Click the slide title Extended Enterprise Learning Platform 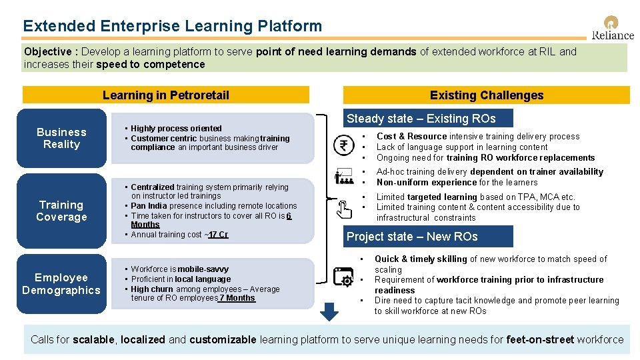click(x=172, y=26)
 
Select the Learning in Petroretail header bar click(x=165, y=95)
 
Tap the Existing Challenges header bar click(x=486, y=95)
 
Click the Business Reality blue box click(x=61, y=138)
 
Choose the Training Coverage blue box click(x=61, y=211)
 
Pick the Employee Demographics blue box click(x=61, y=283)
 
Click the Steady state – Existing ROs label click(x=421, y=119)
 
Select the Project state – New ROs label click(x=412, y=237)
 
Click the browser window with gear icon click(x=345, y=277)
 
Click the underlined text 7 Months click(x=237, y=298)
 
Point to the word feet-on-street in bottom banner click(x=540, y=340)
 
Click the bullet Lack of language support click(x=462, y=147)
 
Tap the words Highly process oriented click(x=176, y=129)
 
